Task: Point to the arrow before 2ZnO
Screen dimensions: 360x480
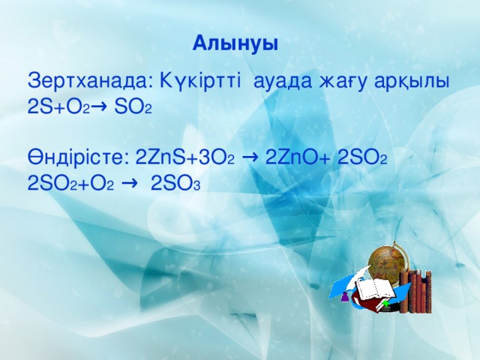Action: point(252,157)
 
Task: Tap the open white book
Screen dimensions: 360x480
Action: point(373,289)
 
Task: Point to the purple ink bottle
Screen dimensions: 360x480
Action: point(344,298)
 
